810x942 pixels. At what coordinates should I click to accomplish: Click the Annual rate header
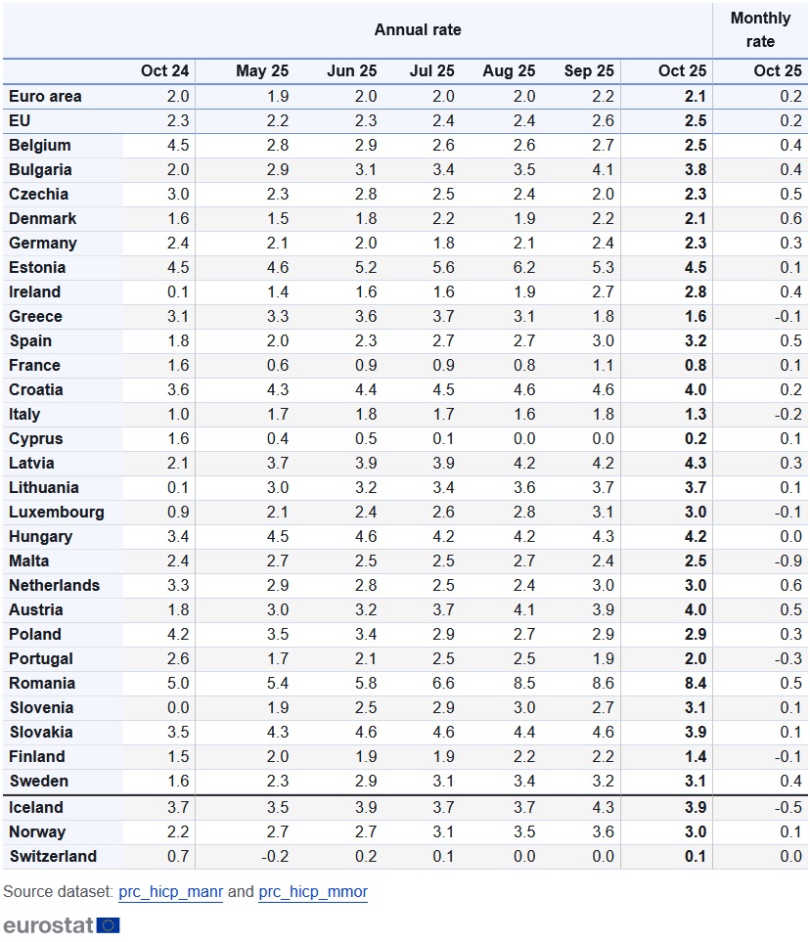tap(418, 29)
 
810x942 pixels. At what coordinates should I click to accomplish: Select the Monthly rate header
tap(760, 29)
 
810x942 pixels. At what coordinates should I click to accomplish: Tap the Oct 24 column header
tap(164, 71)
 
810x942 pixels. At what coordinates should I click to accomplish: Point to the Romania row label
tap(42, 683)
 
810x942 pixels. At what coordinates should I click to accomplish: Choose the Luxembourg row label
tap(57, 512)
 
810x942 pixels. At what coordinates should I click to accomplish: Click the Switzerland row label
tap(53, 856)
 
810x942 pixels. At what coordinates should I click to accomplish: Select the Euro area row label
tap(45, 96)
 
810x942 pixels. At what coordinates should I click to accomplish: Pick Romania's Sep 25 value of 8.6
tap(604, 683)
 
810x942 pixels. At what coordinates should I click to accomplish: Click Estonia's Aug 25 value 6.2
tap(523, 267)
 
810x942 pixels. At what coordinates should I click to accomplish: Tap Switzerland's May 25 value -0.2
tap(277, 856)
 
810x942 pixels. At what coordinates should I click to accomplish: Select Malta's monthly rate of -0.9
tap(787, 561)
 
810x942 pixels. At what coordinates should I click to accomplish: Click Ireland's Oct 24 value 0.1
tap(177, 292)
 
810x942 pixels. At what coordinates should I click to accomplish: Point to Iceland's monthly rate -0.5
tap(787, 807)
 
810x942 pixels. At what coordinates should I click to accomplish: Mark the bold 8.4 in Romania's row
tap(695, 683)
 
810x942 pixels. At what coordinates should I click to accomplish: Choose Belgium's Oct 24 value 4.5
tap(177, 145)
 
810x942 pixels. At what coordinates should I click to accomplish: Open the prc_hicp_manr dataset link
tap(170, 892)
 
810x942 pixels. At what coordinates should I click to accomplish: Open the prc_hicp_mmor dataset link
tap(313, 892)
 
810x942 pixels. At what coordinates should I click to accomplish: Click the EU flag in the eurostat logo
tap(109, 924)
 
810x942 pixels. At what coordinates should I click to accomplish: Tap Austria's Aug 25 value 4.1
tap(523, 609)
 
